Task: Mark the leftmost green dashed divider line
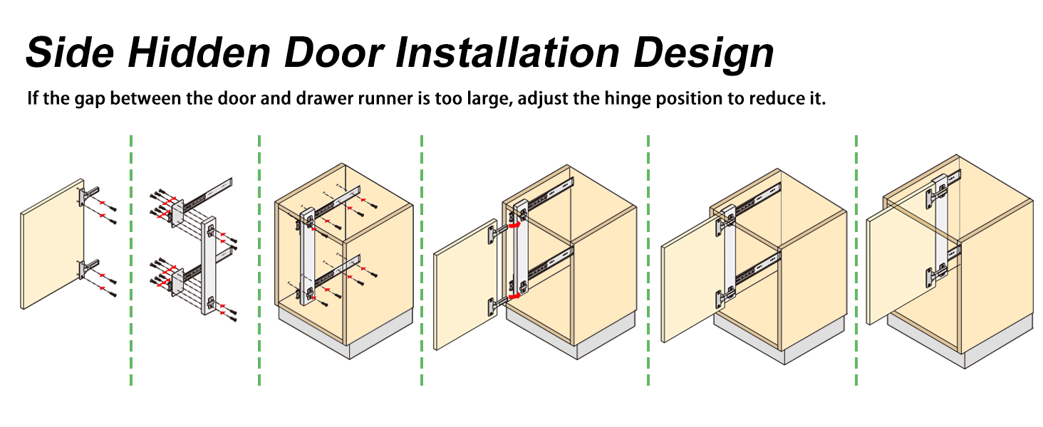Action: [x=131, y=260]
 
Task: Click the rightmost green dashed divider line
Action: [x=856, y=260]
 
